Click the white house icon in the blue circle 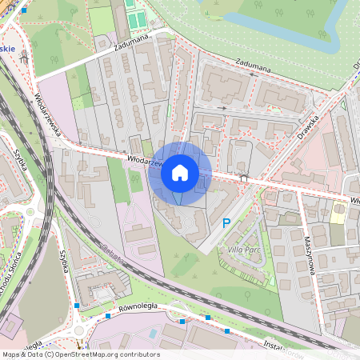point(180,172)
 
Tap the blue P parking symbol point(226,224)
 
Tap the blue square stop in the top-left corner point(24,11)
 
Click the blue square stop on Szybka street point(77,306)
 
